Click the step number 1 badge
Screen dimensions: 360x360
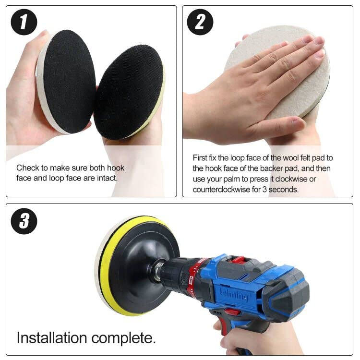(x=24, y=22)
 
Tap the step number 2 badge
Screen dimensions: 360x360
(x=200, y=22)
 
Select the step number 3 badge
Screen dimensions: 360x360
(x=24, y=221)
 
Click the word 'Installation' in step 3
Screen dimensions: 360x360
(x=52, y=338)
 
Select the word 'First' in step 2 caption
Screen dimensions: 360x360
(x=200, y=158)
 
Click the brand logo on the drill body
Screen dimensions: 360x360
(x=234, y=295)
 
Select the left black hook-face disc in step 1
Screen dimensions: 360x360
(x=69, y=82)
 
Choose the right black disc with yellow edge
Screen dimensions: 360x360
(x=129, y=92)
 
